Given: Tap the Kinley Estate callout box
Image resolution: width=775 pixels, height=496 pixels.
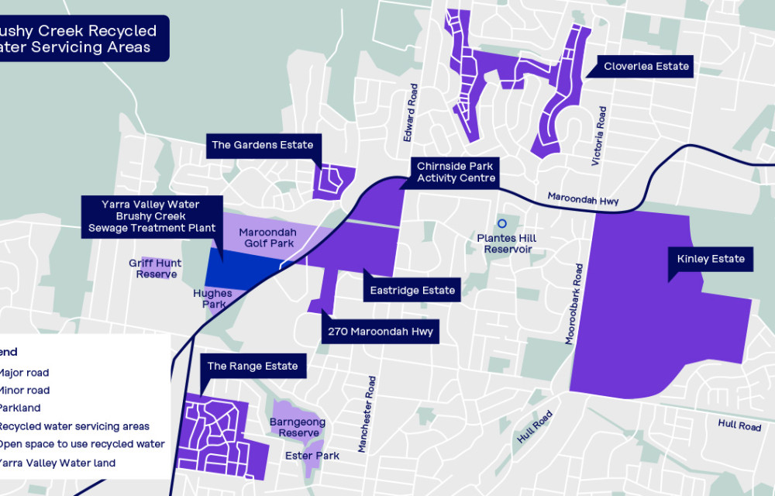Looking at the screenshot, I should click(x=711, y=259).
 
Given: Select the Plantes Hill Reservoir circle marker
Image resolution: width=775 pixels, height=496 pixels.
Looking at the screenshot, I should click(x=501, y=224).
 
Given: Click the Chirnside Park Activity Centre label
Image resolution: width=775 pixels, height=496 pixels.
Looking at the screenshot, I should click(x=455, y=172).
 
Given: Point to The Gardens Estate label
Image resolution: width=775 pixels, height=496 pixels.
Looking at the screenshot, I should click(x=263, y=145).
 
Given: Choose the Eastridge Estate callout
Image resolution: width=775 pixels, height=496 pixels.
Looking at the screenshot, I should click(x=412, y=291).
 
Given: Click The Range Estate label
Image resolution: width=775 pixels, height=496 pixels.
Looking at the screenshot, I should click(x=252, y=366).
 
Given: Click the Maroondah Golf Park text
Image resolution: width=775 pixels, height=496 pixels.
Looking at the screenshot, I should click(x=267, y=238).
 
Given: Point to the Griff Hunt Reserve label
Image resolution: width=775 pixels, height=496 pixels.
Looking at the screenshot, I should click(x=155, y=268).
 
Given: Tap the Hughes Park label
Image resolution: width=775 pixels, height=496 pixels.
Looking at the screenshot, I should click(x=212, y=299).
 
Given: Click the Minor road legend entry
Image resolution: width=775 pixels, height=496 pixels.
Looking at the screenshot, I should click(x=25, y=391).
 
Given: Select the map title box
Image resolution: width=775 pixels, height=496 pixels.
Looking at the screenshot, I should click(x=81, y=39).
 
